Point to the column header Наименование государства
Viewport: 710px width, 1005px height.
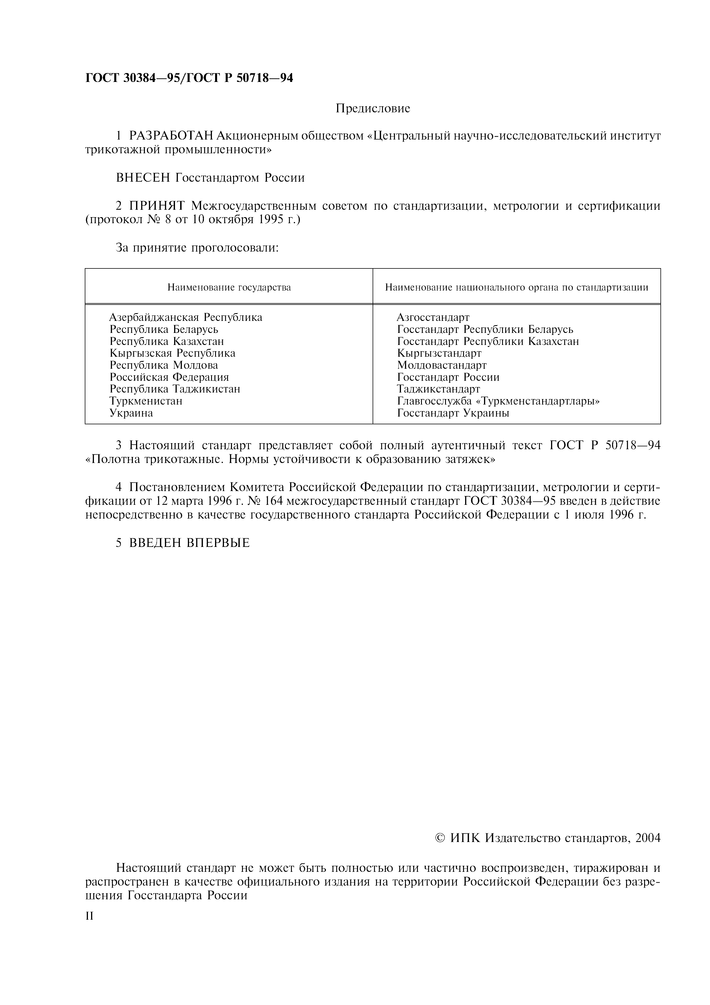click(229, 288)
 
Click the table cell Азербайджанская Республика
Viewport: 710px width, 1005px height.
click(186, 317)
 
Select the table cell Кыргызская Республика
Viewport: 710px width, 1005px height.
click(172, 353)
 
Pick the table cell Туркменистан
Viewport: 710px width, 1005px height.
click(146, 401)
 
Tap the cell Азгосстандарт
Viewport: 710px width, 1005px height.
click(433, 317)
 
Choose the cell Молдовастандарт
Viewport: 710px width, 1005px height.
click(442, 365)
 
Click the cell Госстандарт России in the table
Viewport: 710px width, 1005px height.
click(449, 377)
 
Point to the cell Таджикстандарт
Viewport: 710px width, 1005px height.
click(439, 389)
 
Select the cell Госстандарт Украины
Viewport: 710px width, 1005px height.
click(453, 413)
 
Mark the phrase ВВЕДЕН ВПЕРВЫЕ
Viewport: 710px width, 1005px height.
click(189, 543)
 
